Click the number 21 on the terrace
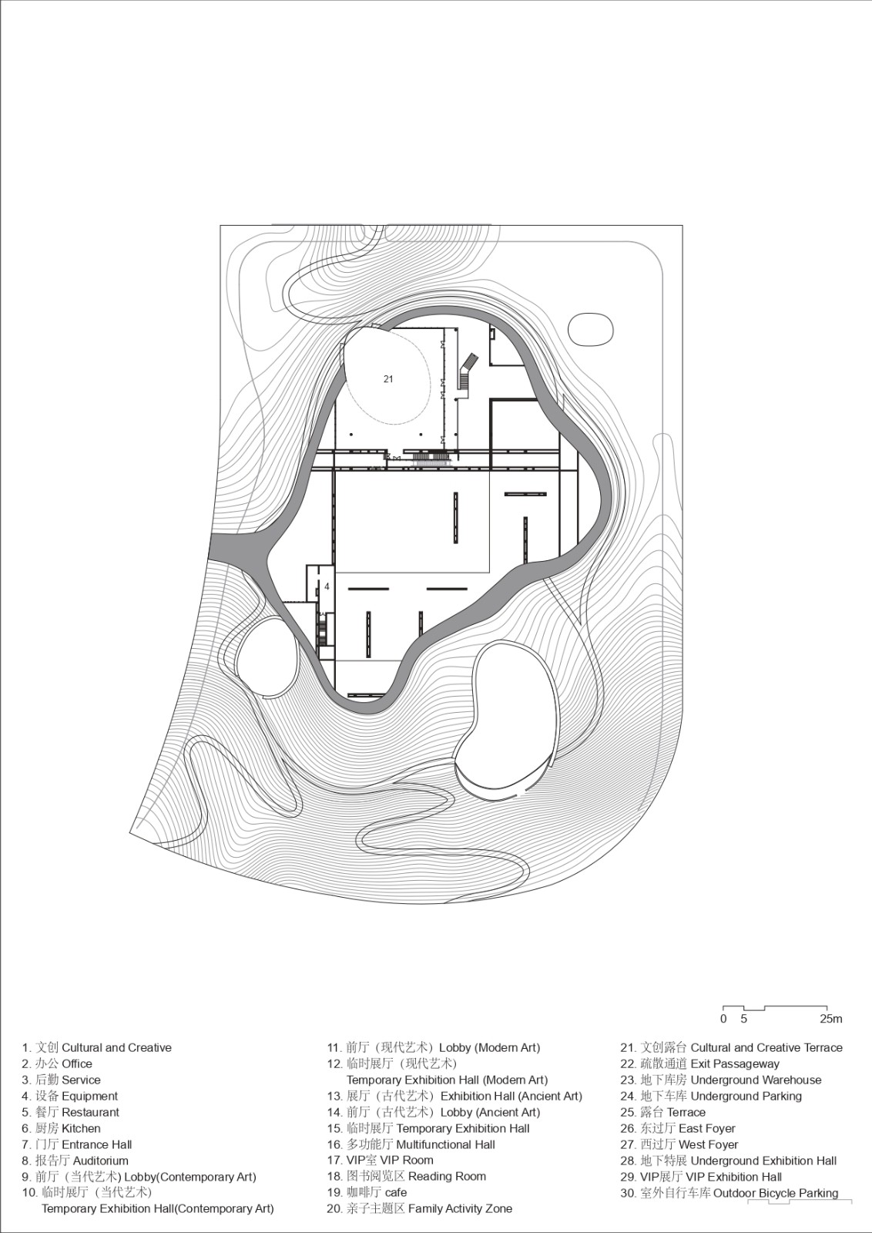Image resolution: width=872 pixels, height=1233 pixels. pos(388,378)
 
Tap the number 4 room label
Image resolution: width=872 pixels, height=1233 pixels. pos(327,586)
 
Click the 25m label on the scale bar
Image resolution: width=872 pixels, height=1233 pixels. pos(830,1019)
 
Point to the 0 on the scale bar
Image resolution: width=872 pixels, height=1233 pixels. pos(723,1019)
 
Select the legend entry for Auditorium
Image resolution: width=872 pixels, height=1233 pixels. pos(75,1161)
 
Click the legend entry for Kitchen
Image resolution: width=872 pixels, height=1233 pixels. pos(61,1128)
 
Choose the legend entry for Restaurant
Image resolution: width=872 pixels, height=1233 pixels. pos(70,1112)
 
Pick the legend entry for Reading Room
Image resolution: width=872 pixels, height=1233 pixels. pos(406,1176)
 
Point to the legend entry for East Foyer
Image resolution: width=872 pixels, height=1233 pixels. pos(678,1128)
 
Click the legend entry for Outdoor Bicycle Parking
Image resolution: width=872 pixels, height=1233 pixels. pos(729,1193)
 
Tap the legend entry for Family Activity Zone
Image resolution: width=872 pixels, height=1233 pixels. pos(419,1208)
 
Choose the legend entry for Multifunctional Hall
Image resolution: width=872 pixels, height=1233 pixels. pos(411,1144)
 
